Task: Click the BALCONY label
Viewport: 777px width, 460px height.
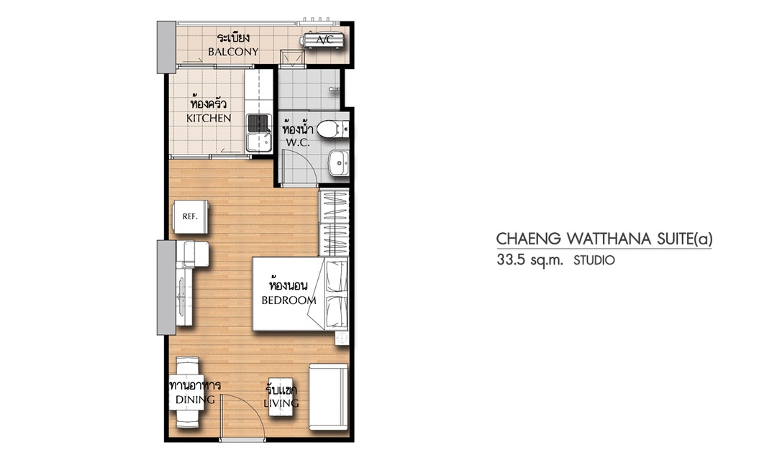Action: [233, 52]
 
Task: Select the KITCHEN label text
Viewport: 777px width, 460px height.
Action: [209, 119]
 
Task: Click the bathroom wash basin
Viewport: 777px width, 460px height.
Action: [338, 162]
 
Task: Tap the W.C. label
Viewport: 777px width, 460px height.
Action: [297, 143]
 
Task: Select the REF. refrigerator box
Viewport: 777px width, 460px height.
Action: [190, 217]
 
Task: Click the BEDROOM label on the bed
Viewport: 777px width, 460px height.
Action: [289, 300]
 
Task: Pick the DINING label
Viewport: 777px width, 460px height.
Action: [195, 399]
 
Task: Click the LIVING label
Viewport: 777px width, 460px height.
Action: [281, 403]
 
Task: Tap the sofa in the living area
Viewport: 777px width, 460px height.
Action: [329, 397]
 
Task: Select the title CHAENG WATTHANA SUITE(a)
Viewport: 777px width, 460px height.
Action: [604, 239]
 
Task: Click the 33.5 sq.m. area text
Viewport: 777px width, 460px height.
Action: [530, 260]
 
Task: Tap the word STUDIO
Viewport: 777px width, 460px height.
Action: [594, 260]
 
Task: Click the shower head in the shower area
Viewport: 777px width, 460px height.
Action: [335, 88]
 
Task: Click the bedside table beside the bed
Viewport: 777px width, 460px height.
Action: [342, 339]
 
